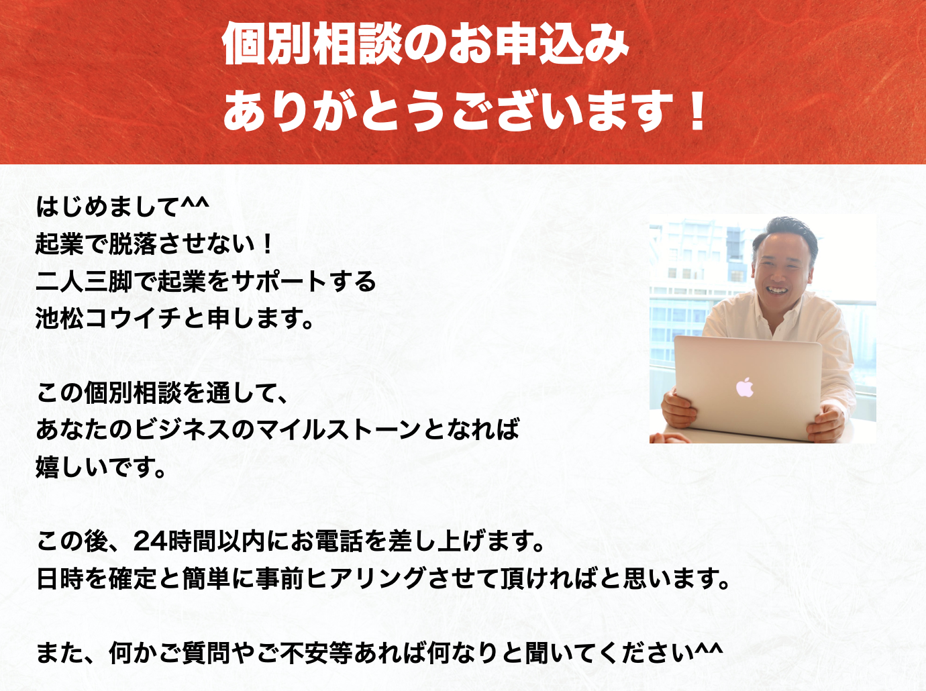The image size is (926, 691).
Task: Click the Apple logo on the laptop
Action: pos(745,387)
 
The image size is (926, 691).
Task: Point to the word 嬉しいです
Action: pos(101,467)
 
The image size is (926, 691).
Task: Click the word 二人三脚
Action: pos(84,281)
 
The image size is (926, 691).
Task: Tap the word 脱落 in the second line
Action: pos(132,244)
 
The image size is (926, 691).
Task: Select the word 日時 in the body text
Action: pos(60,578)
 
